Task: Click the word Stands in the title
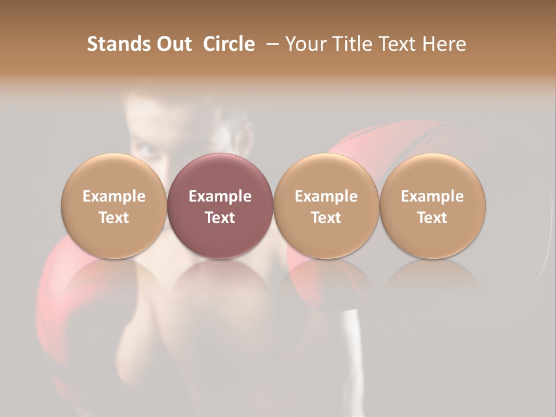118,44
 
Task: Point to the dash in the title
271,44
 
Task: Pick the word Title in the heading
353,44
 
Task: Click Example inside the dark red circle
220,196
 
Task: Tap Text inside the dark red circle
220,218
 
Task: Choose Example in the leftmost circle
114,196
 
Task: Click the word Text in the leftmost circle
114,218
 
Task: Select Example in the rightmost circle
432,196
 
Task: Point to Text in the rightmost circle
432,218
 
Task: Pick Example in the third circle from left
326,196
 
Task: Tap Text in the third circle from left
326,218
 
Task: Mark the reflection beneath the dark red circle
220,278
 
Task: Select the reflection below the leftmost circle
114,278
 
